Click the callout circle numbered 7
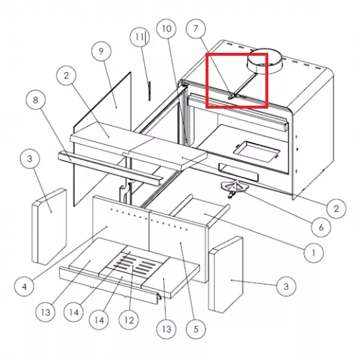pos(196,29)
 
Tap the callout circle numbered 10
pos(166,29)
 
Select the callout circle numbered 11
pos(140,37)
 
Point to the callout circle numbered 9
pos(101,52)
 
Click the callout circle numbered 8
pos(35,100)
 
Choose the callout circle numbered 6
pos(321,227)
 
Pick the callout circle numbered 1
pos(313,253)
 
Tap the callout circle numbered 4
pos(24,287)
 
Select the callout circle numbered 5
pos(196,329)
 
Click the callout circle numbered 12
pos(129,320)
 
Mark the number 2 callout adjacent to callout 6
pos(337,208)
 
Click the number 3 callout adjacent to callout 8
pos(30,158)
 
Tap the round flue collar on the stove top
pos(264,61)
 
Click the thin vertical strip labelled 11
pos(149,91)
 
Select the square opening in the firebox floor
pos(256,152)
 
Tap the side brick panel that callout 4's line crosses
pos(49,227)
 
